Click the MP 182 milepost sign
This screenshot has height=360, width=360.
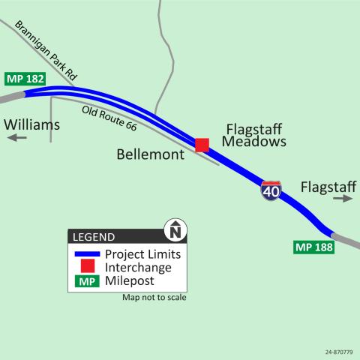pyautogui.click(x=25, y=79)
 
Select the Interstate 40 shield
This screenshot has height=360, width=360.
pyautogui.click(x=271, y=190)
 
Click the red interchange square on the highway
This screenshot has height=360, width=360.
pyautogui.click(x=202, y=145)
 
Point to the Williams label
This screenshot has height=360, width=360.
pyautogui.click(x=31, y=124)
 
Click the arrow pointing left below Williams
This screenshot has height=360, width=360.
pyautogui.click(x=18, y=138)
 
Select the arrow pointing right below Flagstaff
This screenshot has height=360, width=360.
pyautogui.click(x=343, y=199)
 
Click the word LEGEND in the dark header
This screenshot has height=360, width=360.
pyautogui.click(x=94, y=236)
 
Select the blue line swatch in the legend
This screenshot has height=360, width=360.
pyautogui.click(x=85, y=253)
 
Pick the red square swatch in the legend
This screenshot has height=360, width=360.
pyautogui.click(x=86, y=267)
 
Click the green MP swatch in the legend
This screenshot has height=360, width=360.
pyautogui.click(x=86, y=281)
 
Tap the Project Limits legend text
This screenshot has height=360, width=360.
pyautogui.click(x=142, y=253)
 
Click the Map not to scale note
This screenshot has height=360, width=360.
pyautogui.click(x=154, y=298)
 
